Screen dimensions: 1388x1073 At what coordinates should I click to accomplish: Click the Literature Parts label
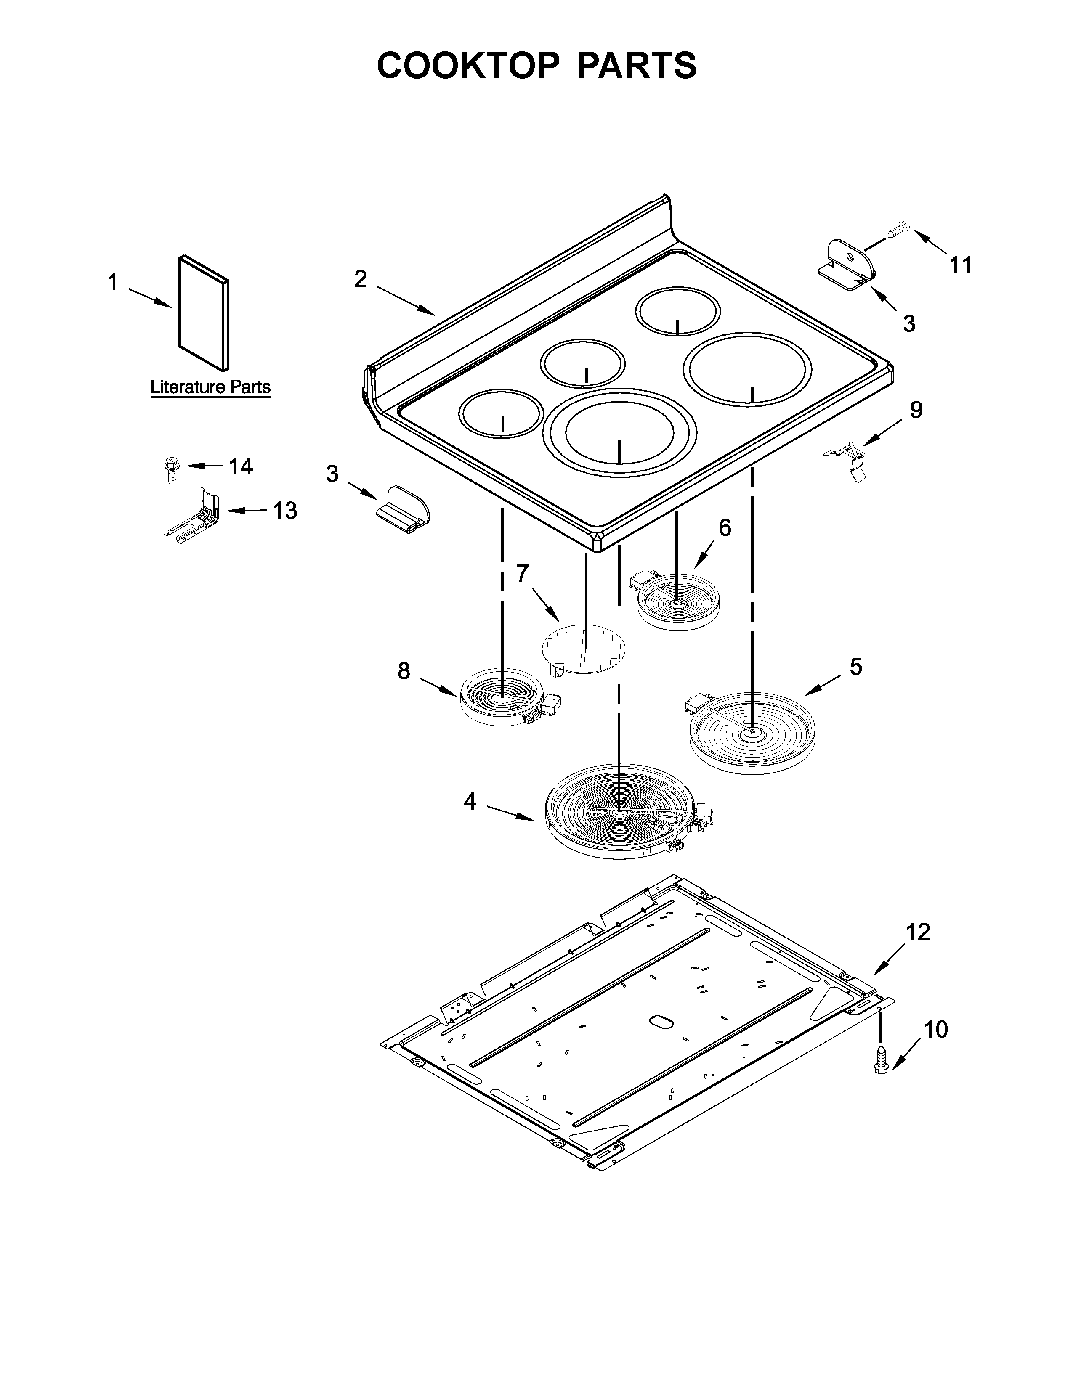click(210, 387)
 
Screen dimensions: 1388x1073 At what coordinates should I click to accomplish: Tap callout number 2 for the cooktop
click(361, 278)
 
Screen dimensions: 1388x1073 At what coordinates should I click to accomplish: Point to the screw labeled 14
click(170, 470)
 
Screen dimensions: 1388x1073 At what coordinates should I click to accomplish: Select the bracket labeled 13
click(193, 515)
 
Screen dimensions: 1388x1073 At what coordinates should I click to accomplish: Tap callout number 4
click(469, 802)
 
